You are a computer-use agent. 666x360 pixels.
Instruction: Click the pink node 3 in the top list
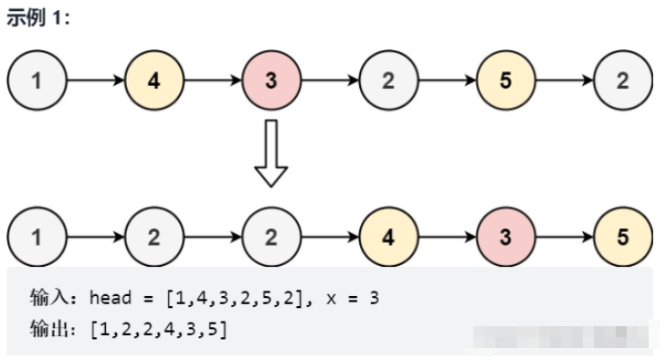tap(270, 80)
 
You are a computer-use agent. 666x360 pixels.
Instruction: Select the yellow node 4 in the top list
tap(153, 80)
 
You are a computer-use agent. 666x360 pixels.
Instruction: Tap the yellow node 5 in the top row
tap(505, 80)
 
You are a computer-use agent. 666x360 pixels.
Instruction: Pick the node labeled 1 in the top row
tap(37, 80)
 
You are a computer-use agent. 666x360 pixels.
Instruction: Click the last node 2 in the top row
tap(622, 80)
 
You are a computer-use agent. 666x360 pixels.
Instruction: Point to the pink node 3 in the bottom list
tap(505, 238)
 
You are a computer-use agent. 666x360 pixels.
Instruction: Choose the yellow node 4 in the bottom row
tap(388, 238)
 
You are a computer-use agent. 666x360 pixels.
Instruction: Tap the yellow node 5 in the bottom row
tap(622, 238)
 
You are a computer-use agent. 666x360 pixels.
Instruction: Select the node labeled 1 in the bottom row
tap(37, 238)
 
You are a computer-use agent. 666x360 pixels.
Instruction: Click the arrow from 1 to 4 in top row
tap(95, 80)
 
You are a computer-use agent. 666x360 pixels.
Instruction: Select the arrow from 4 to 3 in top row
tap(212, 80)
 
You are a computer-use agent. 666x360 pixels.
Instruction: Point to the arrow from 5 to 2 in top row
tap(564, 80)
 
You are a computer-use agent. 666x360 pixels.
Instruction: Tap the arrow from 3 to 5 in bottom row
tap(564, 238)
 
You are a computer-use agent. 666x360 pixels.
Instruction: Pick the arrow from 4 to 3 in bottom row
tap(447, 238)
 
